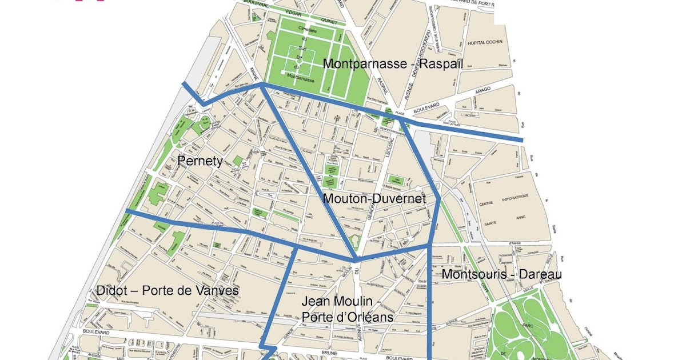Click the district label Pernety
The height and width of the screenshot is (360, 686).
(200, 161)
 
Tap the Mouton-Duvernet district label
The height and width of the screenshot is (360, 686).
(374, 199)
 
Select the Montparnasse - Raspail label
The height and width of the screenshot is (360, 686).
(393, 64)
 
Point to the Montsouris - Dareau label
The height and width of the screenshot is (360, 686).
(501, 275)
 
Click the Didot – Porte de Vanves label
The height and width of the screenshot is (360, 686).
(167, 291)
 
